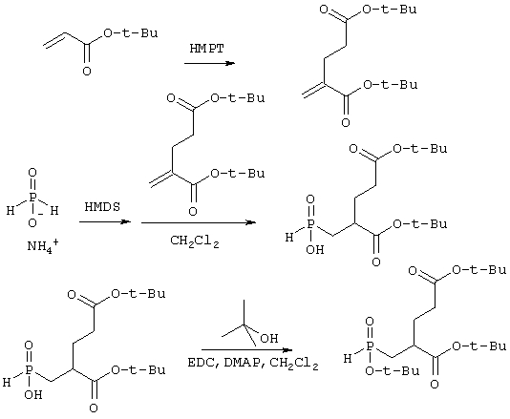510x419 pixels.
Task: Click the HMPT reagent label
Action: (x=207, y=49)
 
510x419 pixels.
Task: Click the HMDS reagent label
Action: (x=102, y=207)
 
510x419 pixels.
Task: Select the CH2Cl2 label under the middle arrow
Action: (x=195, y=241)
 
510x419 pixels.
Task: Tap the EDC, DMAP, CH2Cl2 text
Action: (x=253, y=363)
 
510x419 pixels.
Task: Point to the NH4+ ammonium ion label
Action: (x=43, y=245)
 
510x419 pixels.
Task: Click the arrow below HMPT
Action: (x=209, y=63)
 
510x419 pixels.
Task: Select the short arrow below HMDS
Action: (x=105, y=222)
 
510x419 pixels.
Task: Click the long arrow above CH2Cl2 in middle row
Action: (x=199, y=222)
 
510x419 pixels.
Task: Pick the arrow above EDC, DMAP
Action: (x=246, y=350)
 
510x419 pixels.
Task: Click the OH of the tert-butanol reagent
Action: (x=269, y=338)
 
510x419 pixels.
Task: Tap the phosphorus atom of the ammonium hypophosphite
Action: (x=32, y=198)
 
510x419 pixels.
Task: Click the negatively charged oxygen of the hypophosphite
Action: (x=32, y=223)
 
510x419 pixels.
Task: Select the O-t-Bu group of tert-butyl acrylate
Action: (x=130, y=33)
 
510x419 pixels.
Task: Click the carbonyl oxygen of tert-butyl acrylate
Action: (x=87, y=71)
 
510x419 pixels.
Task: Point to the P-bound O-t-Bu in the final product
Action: (x=392, y=371)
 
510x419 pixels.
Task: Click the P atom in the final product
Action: (x=370, y=346)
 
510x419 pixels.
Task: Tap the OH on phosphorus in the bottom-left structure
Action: (x=33, y=394)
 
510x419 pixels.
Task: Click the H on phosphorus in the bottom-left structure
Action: (x=7, y=383)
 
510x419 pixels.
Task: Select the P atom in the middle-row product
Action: (x=310, y=225)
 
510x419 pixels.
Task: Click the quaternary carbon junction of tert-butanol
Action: (x=244, y=325)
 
